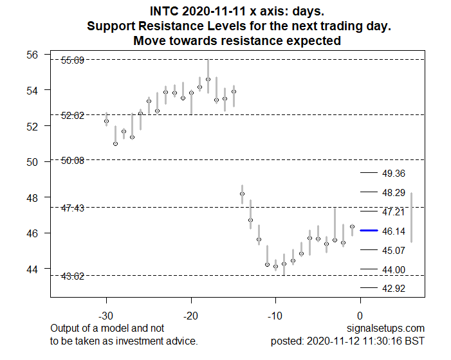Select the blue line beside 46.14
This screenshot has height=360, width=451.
369,230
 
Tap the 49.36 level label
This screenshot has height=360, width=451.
394,174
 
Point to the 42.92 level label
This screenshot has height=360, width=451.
394,289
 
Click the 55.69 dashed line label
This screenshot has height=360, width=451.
72,60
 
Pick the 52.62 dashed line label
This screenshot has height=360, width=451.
72,116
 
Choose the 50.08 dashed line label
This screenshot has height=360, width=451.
72,160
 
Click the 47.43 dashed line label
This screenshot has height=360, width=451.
72,208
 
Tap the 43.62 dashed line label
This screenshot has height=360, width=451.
72,276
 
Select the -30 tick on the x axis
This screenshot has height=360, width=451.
106,316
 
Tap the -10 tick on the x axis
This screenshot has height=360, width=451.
275,316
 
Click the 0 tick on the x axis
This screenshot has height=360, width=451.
360,316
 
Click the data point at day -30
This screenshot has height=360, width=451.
107,121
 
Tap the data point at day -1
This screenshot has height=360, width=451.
352,226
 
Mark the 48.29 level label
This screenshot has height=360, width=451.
394,193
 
